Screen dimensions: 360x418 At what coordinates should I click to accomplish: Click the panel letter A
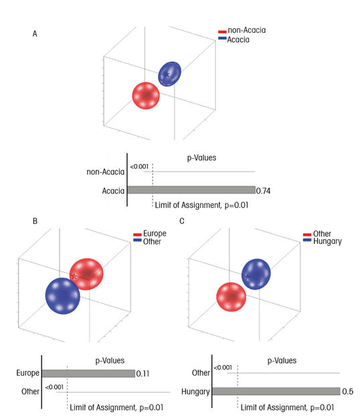(x=35, y=34)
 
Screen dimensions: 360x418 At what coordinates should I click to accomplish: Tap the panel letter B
(x=35, y=221)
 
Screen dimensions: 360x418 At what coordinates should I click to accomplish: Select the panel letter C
(x=182, y=221)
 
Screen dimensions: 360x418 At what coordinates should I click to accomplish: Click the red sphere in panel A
(x=146, y=95)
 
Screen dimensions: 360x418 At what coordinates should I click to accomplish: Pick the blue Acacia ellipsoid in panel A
(x=169, y=74)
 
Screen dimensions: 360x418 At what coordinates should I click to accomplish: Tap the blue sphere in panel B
(x=63, y=296)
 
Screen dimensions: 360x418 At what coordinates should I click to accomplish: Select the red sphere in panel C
(x=231, y=297)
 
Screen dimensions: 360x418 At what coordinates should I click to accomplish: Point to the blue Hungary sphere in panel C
(x=256, y=274)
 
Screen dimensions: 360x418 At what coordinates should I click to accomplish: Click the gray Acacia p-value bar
(x=191, y=190)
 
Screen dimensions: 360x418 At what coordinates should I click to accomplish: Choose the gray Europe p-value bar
(x=89, y=373)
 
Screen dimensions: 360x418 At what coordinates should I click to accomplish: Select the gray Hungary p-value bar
(x=276, y=391)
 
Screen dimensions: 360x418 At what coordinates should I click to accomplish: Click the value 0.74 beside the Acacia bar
(x=263, y=191)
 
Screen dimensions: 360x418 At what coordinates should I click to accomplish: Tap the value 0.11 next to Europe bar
(x=143, y=374)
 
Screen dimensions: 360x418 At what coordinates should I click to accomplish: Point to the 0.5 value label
(x=347, y=391)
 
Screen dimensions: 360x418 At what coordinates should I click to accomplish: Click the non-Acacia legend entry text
(x=246, y=30)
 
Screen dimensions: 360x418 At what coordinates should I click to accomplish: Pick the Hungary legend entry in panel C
(x=327, y=242)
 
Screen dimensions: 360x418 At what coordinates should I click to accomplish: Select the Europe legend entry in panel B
(x=155, y=234)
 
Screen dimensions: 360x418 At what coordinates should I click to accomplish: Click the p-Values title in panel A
(x=201, y=158)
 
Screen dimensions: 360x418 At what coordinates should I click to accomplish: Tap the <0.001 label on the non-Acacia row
(x=139, y=167)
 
